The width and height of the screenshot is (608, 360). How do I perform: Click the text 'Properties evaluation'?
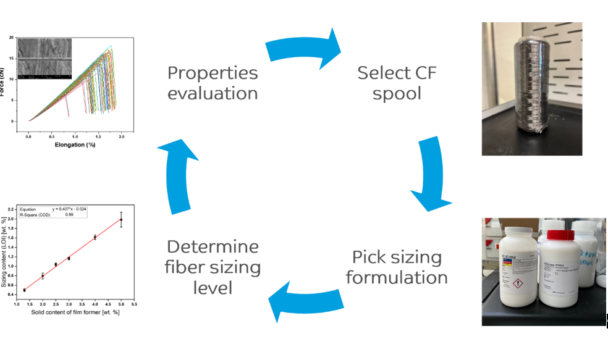pos(213,83)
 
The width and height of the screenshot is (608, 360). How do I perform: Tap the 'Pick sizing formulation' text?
pos(397,267)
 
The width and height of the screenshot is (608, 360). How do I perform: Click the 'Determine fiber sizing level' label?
pos(213,267)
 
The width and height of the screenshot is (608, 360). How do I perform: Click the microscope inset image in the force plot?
pos(45,59)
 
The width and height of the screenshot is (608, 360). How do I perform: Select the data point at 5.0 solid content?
pos(120,219)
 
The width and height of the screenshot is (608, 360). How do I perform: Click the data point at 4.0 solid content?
pos(95,237)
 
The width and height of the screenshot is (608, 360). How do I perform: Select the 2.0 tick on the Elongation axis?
pos(121,135)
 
